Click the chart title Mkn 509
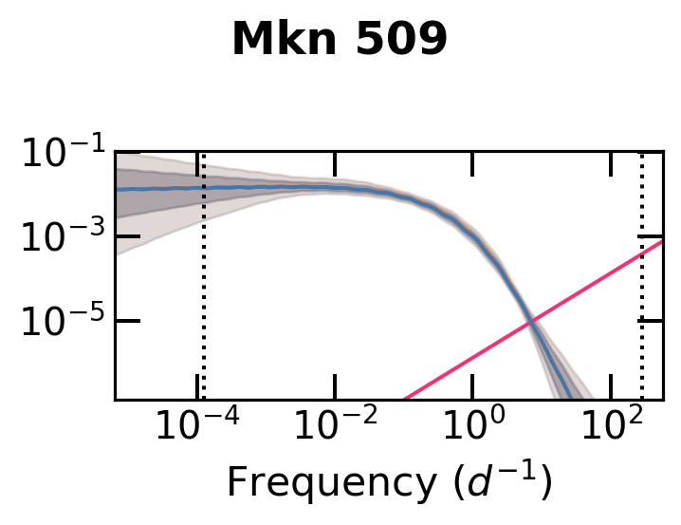[x=340, y=40]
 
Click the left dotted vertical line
[x=203, y=275]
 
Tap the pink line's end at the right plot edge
[x=662, y=241]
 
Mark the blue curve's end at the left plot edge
[x=117, y=189]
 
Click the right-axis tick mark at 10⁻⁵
[x=654, y=321]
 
